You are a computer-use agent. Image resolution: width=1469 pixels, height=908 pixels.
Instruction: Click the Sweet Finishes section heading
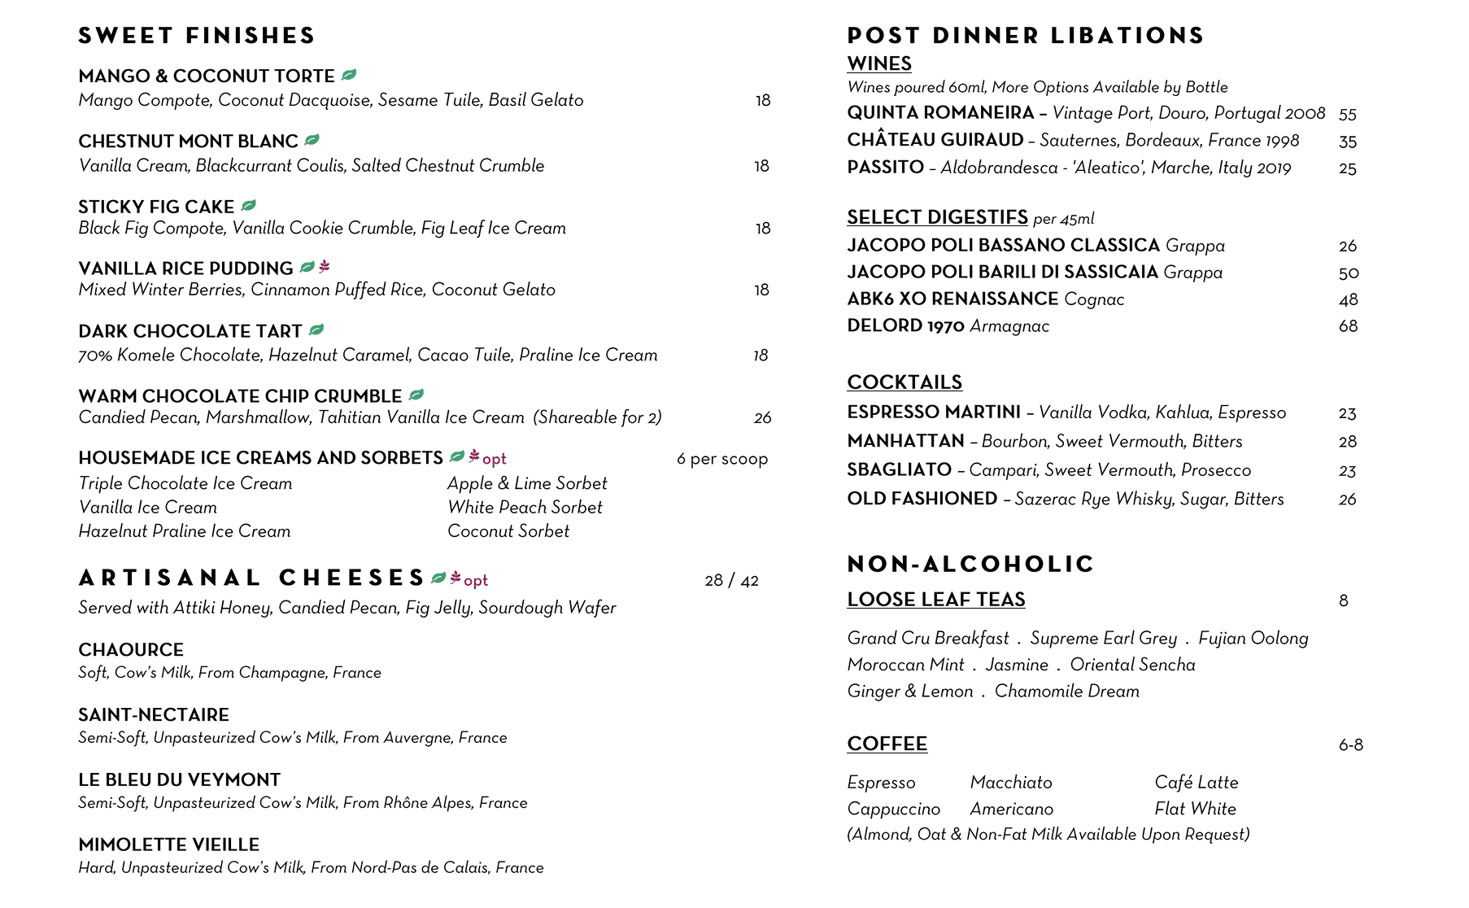[197, 36]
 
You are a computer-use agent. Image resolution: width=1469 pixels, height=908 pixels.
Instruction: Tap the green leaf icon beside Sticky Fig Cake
[249, 206]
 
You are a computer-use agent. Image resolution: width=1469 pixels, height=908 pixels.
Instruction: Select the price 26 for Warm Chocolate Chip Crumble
[762, 418]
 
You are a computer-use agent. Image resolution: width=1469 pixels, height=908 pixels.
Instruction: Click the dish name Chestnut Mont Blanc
[188, 142]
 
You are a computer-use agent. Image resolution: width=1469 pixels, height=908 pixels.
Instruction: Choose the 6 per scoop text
[721, 459]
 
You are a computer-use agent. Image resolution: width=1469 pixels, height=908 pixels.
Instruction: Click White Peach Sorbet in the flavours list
[525, 508]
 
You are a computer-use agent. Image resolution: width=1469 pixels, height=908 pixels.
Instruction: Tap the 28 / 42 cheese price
[731, 581]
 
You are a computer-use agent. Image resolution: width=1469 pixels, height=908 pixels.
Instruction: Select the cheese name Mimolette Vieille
[168, 845]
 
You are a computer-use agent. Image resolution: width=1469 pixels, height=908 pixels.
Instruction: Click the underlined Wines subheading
[878, 63]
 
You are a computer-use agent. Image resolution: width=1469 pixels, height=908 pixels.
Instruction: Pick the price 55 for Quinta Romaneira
[1347, 115]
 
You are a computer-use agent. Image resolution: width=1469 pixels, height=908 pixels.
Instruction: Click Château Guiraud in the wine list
[935, 140]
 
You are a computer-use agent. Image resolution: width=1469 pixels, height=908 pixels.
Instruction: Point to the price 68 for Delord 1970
[1348, 326]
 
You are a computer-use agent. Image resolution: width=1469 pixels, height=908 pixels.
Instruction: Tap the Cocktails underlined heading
[904, 382]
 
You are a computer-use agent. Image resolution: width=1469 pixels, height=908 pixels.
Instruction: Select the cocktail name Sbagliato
[899, 470]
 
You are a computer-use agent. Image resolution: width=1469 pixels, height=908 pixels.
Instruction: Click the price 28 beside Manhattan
[1347, 442]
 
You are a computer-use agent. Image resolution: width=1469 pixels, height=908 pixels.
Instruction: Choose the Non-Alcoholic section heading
[970, 564]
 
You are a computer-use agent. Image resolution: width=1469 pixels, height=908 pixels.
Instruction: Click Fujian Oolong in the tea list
[1253, 639]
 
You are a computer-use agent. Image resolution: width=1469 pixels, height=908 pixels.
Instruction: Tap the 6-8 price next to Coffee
[1350, 745]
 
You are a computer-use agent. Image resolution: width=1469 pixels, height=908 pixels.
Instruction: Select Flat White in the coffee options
[1195, 810]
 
